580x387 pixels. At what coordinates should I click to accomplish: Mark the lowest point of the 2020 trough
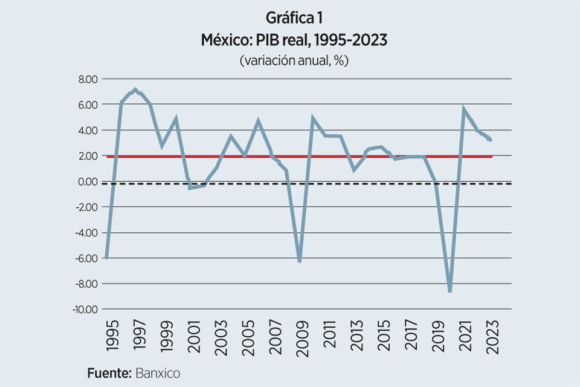[450, 291]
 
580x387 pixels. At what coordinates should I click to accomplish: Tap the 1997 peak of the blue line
[135, 90]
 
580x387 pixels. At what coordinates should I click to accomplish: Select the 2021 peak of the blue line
[463, 109]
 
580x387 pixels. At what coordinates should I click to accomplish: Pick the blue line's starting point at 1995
[107, 258]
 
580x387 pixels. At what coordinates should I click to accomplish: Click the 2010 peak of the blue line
[313, 119]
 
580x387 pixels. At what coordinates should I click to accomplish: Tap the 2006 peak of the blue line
[258, 121]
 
